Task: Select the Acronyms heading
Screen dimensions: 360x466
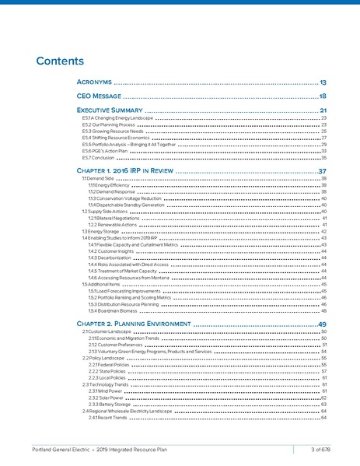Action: pos(95,82)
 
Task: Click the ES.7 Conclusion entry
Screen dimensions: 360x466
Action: pos(97,157)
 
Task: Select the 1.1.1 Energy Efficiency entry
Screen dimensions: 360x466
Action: pos(109,185)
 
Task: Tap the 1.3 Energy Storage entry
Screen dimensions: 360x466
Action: pos(100,231)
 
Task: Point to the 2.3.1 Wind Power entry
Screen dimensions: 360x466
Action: pos(106,391)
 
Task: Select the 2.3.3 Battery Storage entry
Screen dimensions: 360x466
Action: pos(109,405)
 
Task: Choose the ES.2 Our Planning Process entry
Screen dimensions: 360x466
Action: pos(109,124)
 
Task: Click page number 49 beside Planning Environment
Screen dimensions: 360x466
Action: pos(322,323)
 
